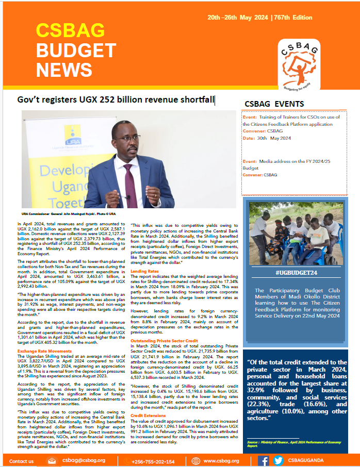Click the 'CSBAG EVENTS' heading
pyautogui.click(x=278, y=104)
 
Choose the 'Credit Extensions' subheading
pyautogui.click(x=148, y=415)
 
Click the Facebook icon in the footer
pyautogui.click(x=263, y=461)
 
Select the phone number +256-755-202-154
pyautogui.click(x=153, y=461)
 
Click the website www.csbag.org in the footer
pyautogui.click(x=221, y=461)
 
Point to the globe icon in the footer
pyautogui.click(x=196, y=461)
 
